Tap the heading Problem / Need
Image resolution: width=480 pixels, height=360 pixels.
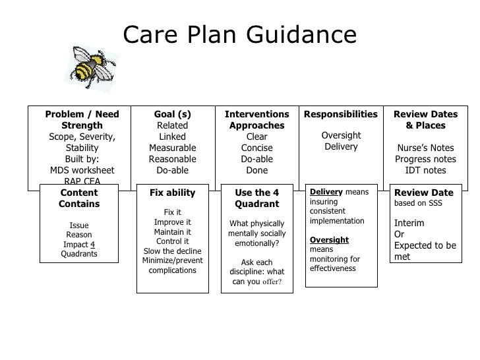tap(82, 114)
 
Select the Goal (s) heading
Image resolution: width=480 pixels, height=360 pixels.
tap(173, 114)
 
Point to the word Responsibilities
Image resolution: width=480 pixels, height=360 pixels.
tap(341, 114)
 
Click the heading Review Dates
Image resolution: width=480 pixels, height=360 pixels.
tap(425, 114)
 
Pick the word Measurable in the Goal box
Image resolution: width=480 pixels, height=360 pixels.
tap(173, 148)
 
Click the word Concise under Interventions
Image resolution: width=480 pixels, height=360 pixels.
tap(257, 148)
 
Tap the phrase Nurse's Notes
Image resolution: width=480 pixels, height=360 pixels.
tap(425, 148)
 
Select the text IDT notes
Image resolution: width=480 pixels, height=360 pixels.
tap(425, 170)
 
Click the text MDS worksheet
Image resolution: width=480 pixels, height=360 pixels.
tap(82, 170)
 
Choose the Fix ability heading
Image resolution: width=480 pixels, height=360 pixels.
tap(173, 193)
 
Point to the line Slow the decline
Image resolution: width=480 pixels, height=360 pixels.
tap(173, 251)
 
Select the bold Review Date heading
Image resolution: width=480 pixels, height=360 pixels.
tap(424, 193)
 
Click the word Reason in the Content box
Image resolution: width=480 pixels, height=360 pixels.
tap(79, 234)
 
